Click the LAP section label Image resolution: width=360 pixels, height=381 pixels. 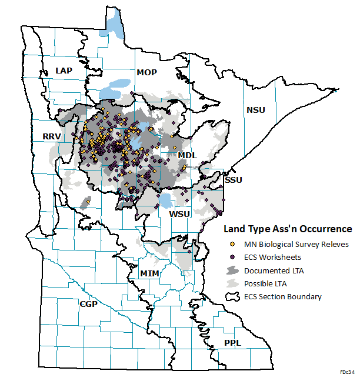(64, 71)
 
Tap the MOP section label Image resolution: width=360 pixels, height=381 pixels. (147, 73)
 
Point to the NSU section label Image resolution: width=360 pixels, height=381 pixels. (256, 110)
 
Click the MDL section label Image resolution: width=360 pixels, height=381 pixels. (188, 155)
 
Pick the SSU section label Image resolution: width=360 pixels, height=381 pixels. (234, 179)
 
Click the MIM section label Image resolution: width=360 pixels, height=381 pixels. (149, 273)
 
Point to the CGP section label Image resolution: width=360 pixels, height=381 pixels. (89, 303)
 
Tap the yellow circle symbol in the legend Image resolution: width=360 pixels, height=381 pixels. (233, 244)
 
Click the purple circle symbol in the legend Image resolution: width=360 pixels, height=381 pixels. (233, 257)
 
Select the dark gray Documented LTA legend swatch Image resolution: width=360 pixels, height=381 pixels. (233, 270)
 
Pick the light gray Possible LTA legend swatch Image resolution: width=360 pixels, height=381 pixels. (233, 283)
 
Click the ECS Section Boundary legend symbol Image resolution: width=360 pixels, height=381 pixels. (233, 296)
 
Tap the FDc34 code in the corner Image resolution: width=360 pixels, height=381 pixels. (346, 372)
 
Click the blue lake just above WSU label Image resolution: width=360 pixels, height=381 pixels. (166, 200)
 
